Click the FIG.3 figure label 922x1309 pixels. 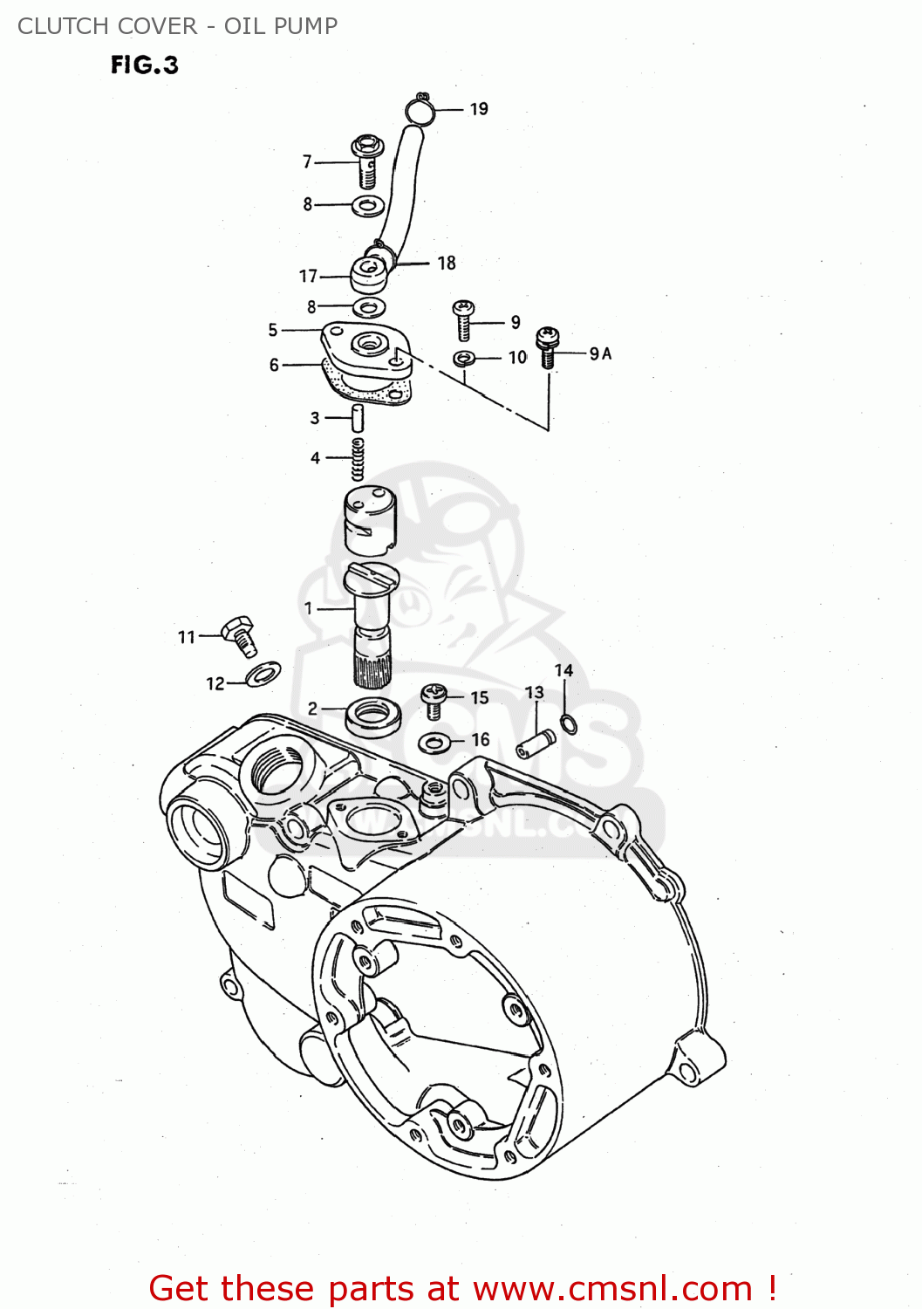[x=144, y=65]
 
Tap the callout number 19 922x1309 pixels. [x=479, y=109]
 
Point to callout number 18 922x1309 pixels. [x=447, y=263]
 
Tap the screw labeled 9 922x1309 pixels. [x=463, y=319]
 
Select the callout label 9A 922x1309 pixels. [x=600, y=353]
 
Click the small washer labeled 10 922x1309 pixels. [x=464, y=358]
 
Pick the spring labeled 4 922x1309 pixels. [x=358, y=459]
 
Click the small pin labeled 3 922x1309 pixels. [x=357, y=418]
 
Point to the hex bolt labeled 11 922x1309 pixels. [x=239, y=634]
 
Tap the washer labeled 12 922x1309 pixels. [x=262, y=674]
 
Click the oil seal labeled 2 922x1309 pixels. [x=372, y=716]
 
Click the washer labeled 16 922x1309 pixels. [x=434, y=743]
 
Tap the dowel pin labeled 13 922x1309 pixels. [x=535, y=744]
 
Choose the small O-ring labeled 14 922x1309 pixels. [x=568, y=723]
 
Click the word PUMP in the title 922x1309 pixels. [x=304, y=26]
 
